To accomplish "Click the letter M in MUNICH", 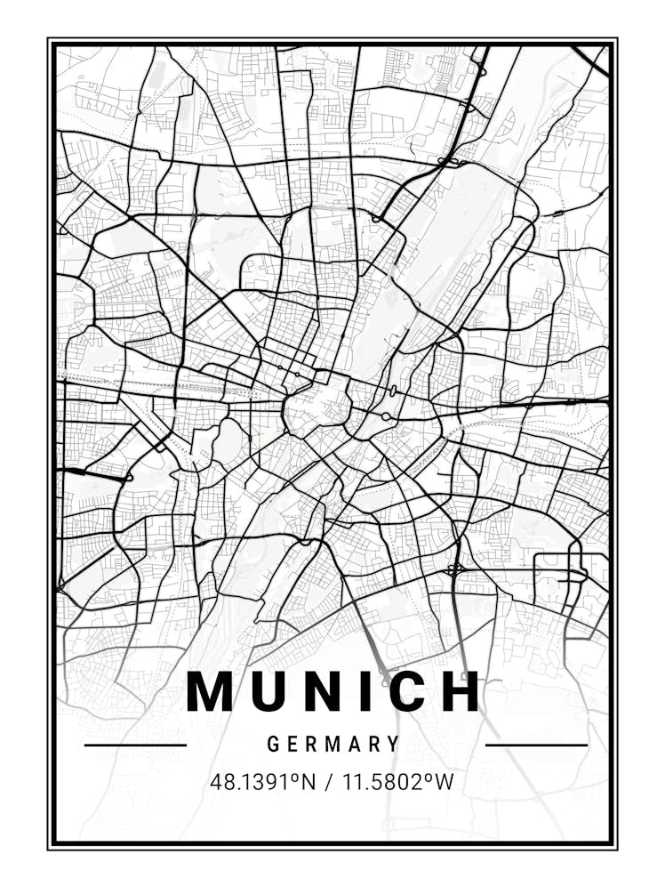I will click(210, 691).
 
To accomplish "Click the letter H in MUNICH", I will click(461, 691).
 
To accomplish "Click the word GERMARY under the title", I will click(333, 744).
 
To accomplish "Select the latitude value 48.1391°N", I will click(263, 783).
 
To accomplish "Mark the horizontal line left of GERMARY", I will click(135, 745).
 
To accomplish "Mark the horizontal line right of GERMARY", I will click(536, 745).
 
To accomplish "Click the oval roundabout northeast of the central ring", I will click(392, 391).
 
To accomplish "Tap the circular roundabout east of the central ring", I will click(386, 416).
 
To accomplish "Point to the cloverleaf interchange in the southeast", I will click(456, 568).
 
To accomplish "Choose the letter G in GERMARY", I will click(272, 744).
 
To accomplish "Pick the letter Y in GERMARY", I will click(394, 744).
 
